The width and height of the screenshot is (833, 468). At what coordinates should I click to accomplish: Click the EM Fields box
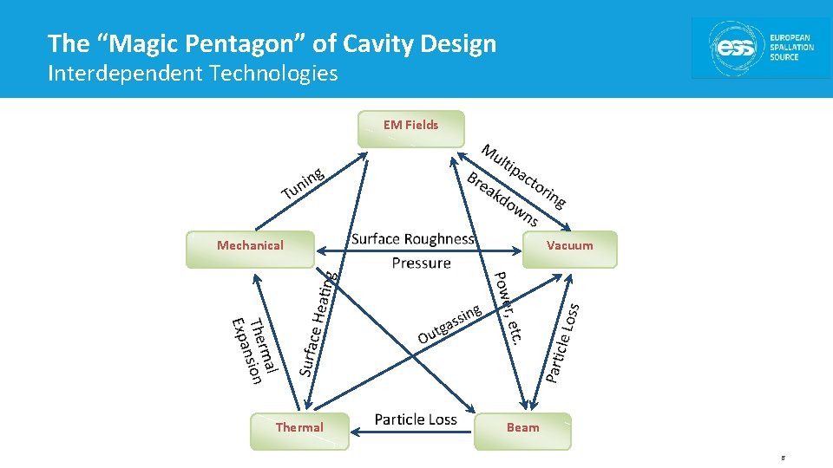(411, 128)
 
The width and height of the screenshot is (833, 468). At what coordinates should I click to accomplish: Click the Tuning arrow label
(303, 182)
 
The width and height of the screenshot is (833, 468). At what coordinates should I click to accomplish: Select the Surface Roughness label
(413, 239)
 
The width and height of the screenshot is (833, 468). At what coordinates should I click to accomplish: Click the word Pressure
(421, 263)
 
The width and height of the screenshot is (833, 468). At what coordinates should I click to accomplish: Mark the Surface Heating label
(318, 323)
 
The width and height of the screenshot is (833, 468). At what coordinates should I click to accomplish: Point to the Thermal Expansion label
(254, 349)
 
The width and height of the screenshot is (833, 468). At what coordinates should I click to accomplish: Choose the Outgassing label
(449, 324)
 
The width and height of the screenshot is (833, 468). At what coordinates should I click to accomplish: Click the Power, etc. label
(508, 309)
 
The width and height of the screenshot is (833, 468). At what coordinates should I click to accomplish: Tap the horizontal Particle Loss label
(416, 419)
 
